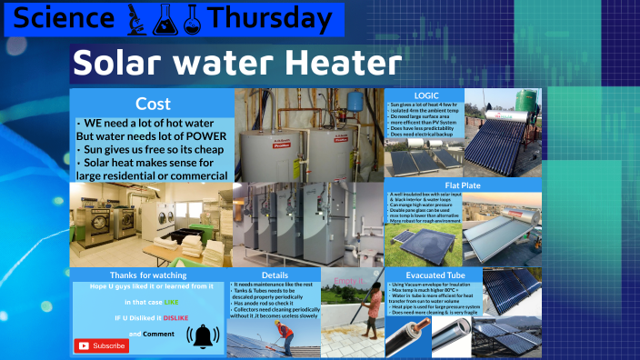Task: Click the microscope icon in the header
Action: [x=135, y=18]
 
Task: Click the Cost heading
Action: [x=153, y=104]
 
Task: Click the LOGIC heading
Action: [x=426, y=95]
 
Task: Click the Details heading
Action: [x=274, y=274]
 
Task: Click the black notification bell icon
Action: [x=202, y=337]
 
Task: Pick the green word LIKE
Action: [x=171, y=301]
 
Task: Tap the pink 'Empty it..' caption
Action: [x=348, y=281]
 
